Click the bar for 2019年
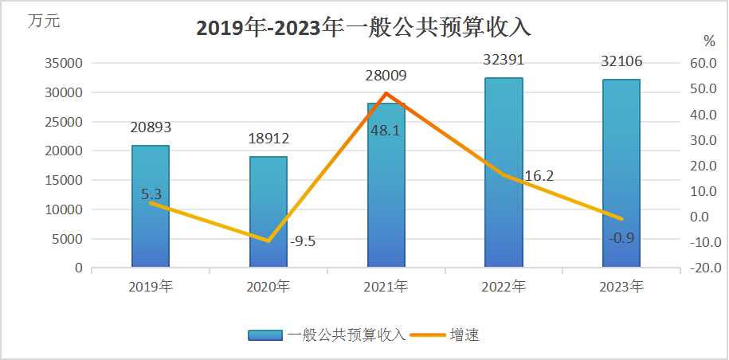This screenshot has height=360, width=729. click(151, 207)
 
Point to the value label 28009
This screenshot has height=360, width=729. click(386, 76)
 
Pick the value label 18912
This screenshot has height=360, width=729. click(268, 139)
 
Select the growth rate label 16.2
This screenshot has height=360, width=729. click(539, 176)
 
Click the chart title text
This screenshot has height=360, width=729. click(363, 29)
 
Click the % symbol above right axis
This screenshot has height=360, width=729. click(709, 41)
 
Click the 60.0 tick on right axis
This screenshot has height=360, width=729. click(704, 64)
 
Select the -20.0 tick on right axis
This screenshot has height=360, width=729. click(704, 268)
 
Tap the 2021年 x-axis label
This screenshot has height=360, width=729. click(386, 287)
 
